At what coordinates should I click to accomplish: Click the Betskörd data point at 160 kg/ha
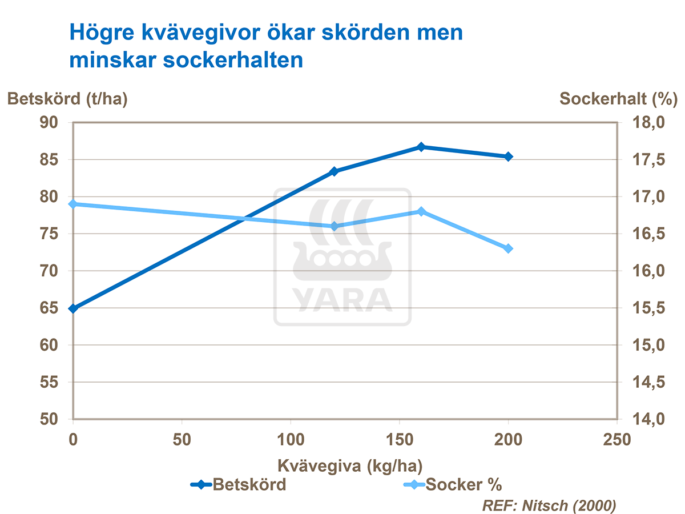(x=421, y=147)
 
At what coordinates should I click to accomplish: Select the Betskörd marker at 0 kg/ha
(x=73, y=308)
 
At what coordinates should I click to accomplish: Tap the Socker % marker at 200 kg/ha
(x=508, y=248)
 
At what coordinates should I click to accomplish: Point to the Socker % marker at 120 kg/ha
(x=335, y=226)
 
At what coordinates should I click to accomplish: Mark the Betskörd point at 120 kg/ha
(x=335, y=171)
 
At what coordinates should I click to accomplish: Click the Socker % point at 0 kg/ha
(x=73, y=204)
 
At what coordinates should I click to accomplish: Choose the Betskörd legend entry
(x=240, y=485)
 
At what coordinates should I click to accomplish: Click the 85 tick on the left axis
(x=50, y=160)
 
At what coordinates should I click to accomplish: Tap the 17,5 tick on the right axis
(x=647, y=160)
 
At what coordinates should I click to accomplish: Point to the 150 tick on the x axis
(x=400, y=439)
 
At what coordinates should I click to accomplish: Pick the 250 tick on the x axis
(x=617, y=439)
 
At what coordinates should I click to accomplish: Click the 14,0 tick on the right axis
(x=647, y=419)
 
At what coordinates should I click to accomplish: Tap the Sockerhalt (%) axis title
(x=618, y=98)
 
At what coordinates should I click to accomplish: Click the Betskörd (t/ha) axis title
(x=67, y=98)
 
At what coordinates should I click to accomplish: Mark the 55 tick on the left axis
(x=50, y=382)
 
